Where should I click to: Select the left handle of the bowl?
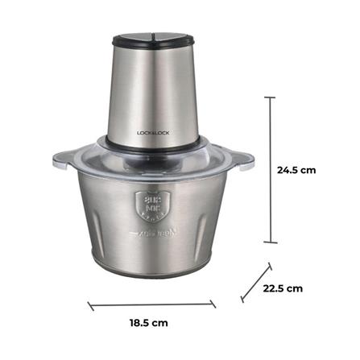click(63, 159)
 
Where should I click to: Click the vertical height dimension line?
click(270, 170)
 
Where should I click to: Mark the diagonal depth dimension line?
click(258, 281)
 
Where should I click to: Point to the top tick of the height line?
click(270, 98)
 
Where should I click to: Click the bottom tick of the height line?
click(270, 242)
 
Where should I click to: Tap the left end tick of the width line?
click(89, 306)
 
